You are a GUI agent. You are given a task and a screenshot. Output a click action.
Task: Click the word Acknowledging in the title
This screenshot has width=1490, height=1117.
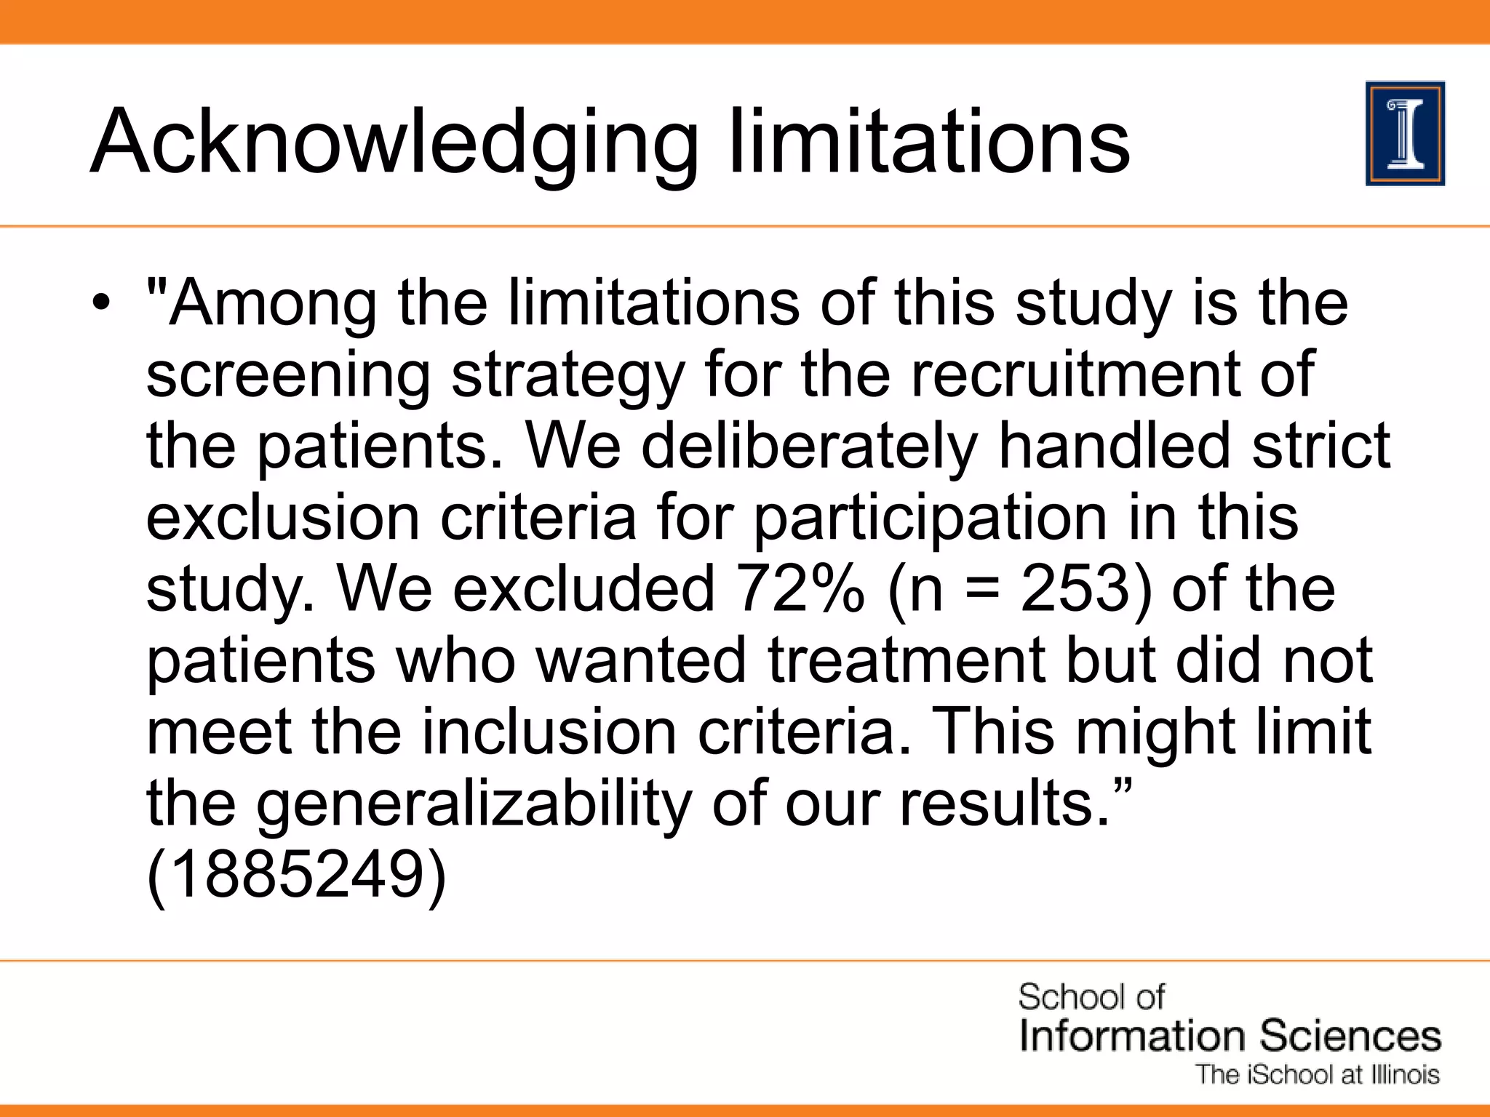pos(394,142)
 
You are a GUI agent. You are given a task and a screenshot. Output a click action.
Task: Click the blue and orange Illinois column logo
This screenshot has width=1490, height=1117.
pos(1405,134)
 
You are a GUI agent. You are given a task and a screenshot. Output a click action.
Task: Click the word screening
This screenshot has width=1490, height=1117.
pos(288,375)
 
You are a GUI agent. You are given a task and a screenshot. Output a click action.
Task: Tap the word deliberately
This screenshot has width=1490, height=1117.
pos(808,445)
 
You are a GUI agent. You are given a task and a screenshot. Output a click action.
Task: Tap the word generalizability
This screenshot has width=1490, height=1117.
pos(473,803)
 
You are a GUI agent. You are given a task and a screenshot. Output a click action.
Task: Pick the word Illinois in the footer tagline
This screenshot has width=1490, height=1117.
pos(1405,1075)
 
